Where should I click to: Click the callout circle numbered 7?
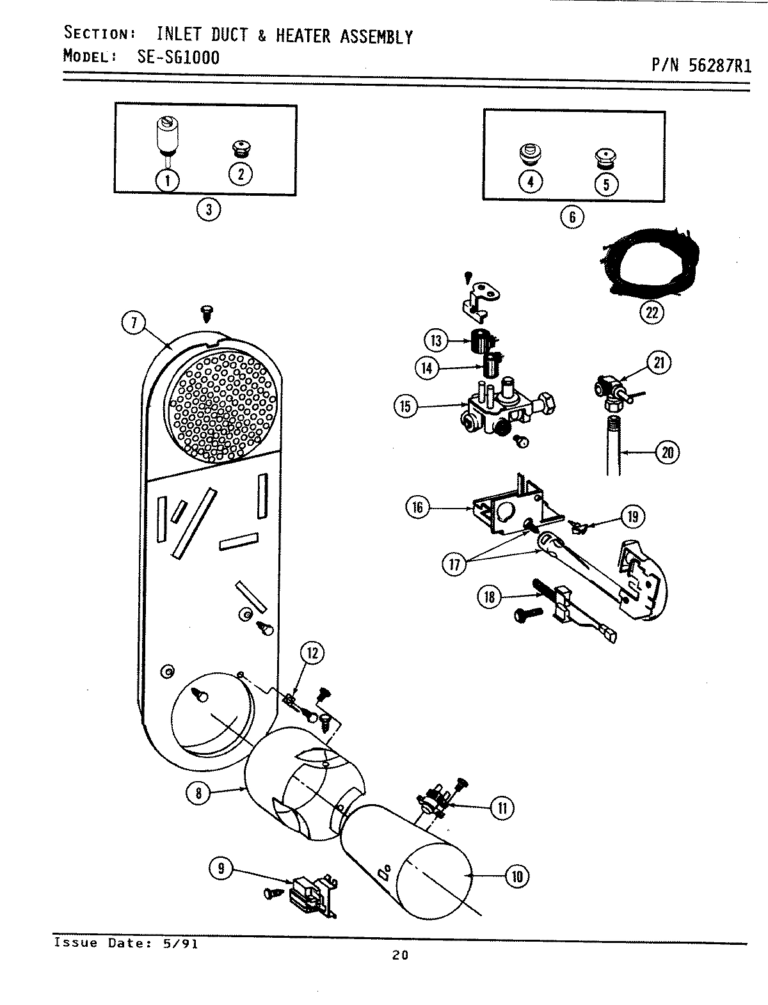point(133,324)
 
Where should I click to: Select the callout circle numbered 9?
point(221,868)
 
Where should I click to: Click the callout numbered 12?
point(312,654)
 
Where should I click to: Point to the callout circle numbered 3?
point(209,209)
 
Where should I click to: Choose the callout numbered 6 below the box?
point(572,217)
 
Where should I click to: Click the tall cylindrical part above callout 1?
point(167,135)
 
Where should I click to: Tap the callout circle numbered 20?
point(667,452)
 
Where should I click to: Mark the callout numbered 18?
point(490,597)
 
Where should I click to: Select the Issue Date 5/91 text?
point(125,942)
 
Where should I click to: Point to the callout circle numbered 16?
point(418,508)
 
